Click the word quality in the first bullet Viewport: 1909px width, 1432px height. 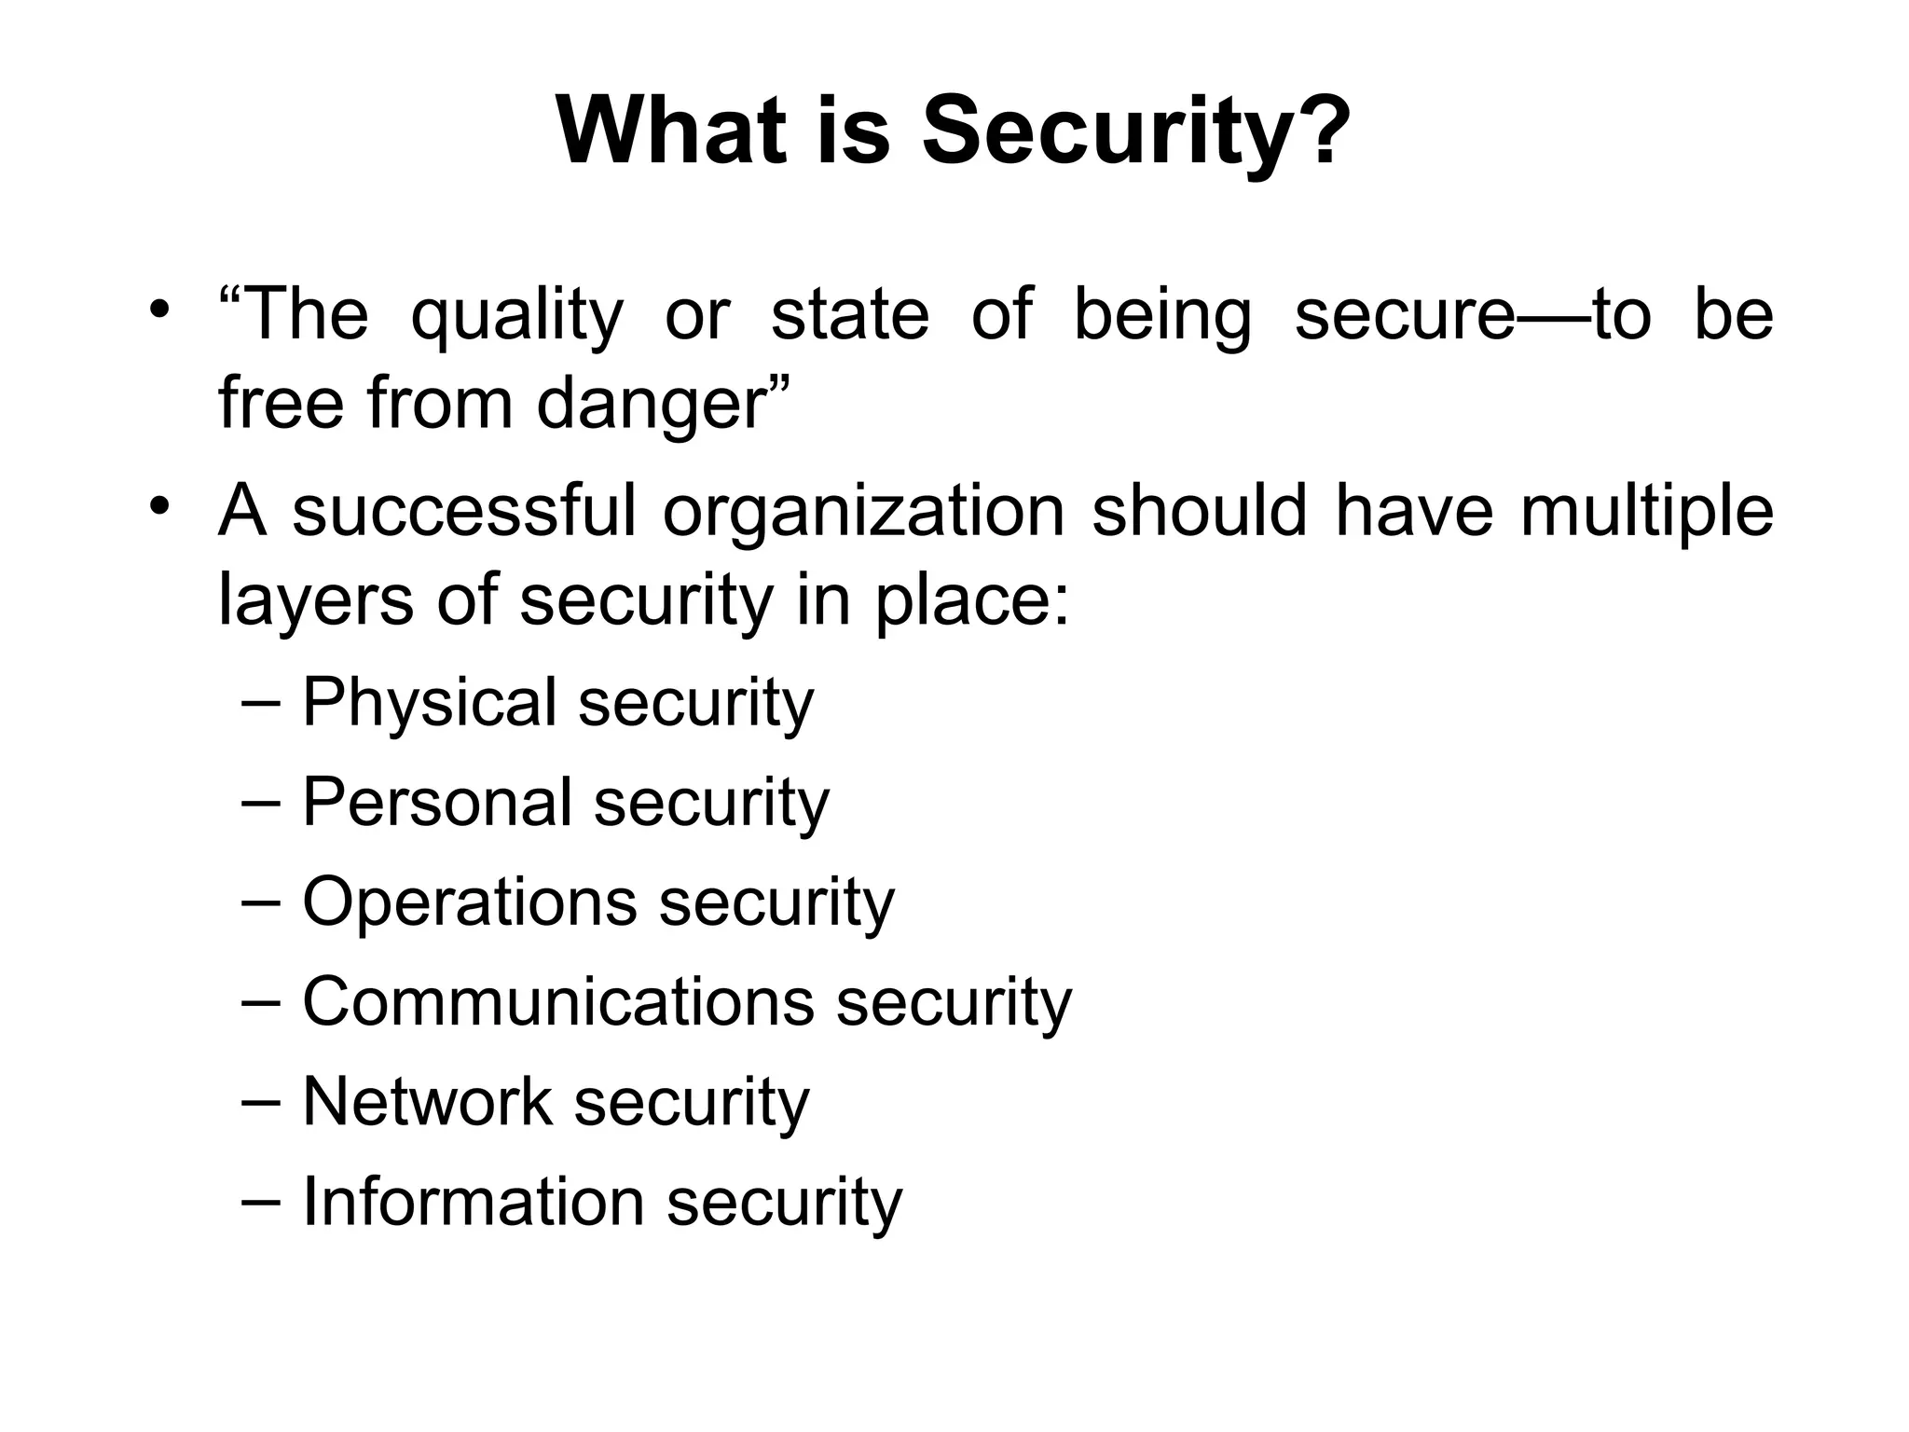pos(516,316)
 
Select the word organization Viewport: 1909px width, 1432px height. pos(863,512)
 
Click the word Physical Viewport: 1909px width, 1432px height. pos(429,704)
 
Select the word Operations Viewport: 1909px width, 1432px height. pos(470,903)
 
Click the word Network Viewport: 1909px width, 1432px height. pos(427,1102)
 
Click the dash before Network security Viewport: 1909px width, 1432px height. pos(260,1101)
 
